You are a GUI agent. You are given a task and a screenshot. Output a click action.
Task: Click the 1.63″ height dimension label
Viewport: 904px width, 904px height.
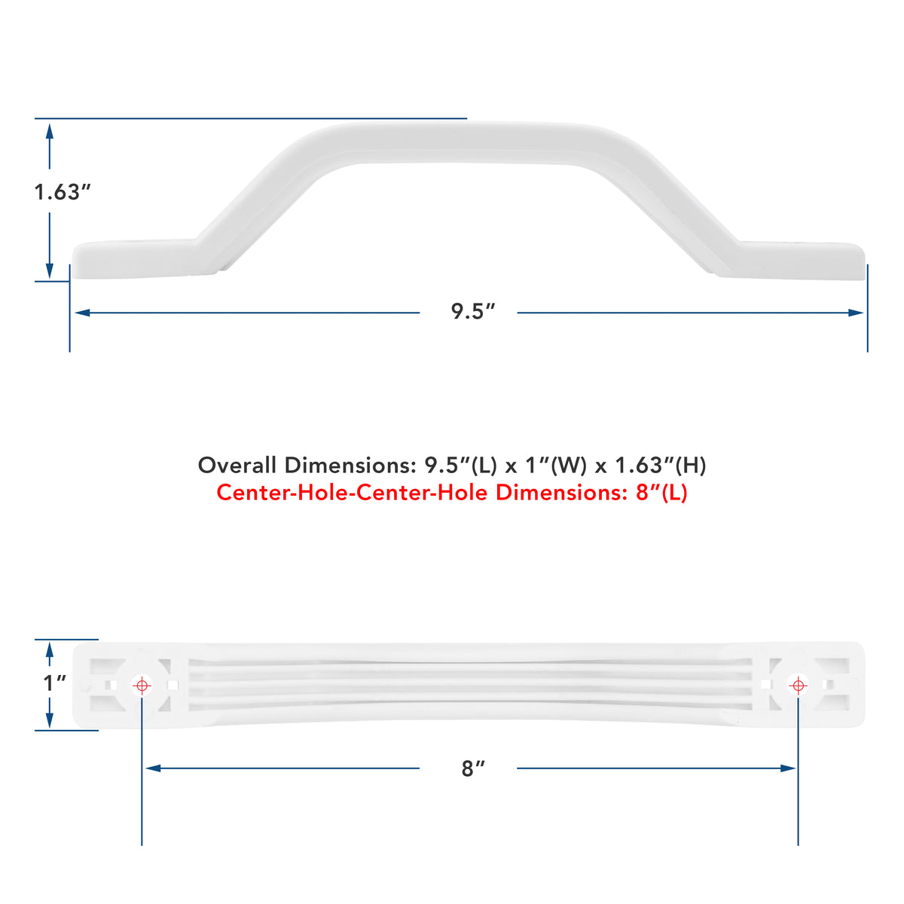(63, 192)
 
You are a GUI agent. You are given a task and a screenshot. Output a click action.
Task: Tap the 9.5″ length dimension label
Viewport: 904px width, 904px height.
(473, 311)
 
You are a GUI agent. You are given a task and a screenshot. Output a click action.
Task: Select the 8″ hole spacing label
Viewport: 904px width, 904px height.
(473, 768)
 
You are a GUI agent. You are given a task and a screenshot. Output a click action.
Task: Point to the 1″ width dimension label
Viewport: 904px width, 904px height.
(55, 683)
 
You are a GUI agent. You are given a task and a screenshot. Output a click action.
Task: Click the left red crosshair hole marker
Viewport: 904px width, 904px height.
(142, 686)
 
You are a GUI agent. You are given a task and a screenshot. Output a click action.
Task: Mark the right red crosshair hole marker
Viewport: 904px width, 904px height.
(798, 686)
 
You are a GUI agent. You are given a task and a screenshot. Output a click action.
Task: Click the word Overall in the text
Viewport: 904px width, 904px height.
(237, 466)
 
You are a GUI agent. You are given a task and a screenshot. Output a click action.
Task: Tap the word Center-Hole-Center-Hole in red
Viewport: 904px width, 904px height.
(352, 493)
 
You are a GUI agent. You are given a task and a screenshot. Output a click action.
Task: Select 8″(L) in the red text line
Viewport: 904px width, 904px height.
(661, 493)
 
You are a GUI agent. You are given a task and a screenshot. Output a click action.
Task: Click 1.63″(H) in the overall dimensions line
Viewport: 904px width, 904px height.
(661, 466)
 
